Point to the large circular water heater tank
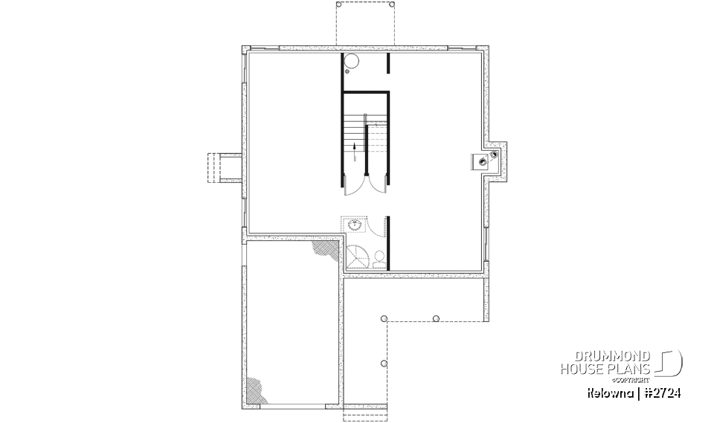click(x=352, y=62)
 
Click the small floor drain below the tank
click(x=347, y=73)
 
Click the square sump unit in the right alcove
click(x=480, y=161)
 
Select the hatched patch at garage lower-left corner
click(x=257, y=389)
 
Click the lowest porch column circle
click(x=384, y=364)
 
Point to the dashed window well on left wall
click(x=224, y=167)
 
